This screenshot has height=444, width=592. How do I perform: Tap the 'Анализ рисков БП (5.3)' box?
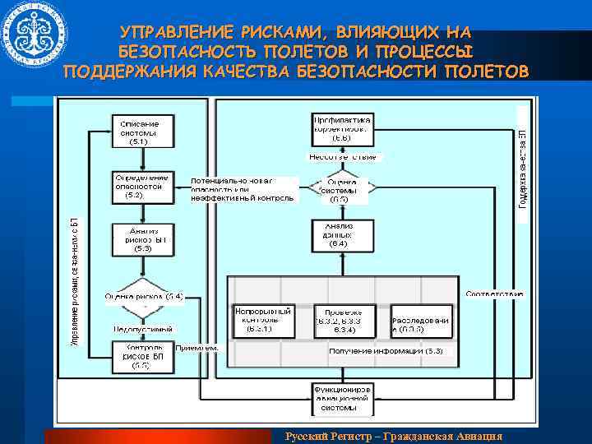click(x=141, y=239)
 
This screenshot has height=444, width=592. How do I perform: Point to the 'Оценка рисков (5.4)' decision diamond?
click(x=143, y=298)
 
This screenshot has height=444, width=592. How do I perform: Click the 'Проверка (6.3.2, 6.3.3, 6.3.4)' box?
click(x=345, y=320)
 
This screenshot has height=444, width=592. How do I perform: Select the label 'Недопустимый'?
click(x=143, y=328)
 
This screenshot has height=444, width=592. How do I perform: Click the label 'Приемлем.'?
click(x=197, y=349)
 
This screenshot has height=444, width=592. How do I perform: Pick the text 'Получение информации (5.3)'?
click(x=386, y=352)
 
